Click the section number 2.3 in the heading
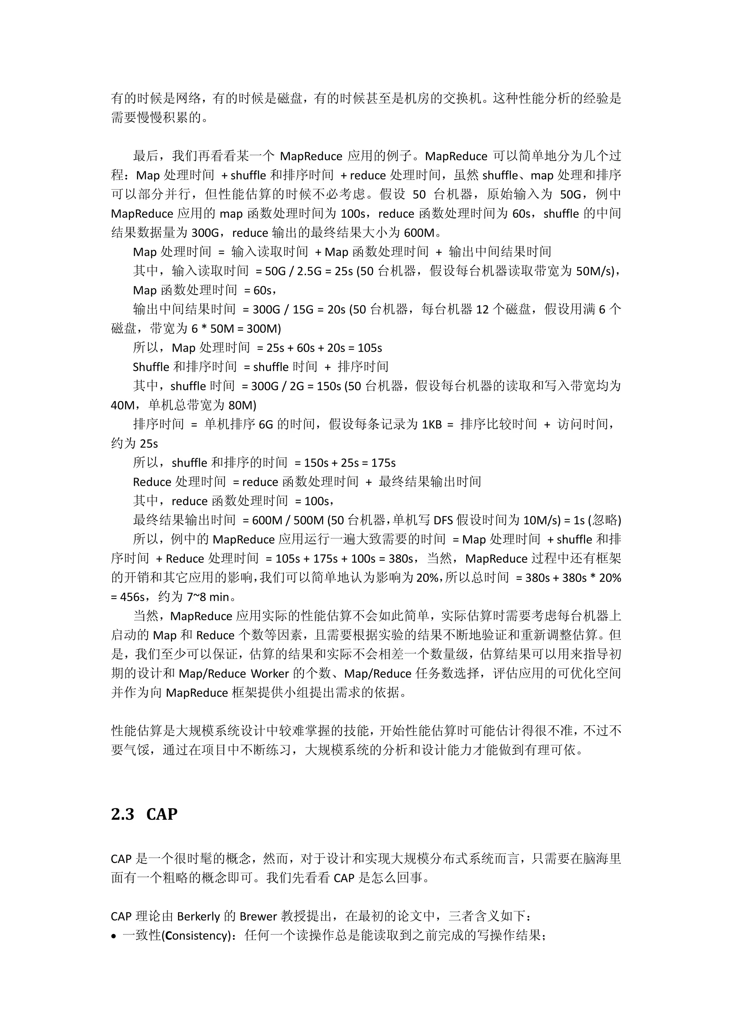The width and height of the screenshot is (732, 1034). tap(123, 814)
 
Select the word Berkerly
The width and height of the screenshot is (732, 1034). tap(198, 917)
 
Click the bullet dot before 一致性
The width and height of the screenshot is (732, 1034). tap(114, 936)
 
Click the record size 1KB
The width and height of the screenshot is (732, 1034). tap(431, 424)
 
